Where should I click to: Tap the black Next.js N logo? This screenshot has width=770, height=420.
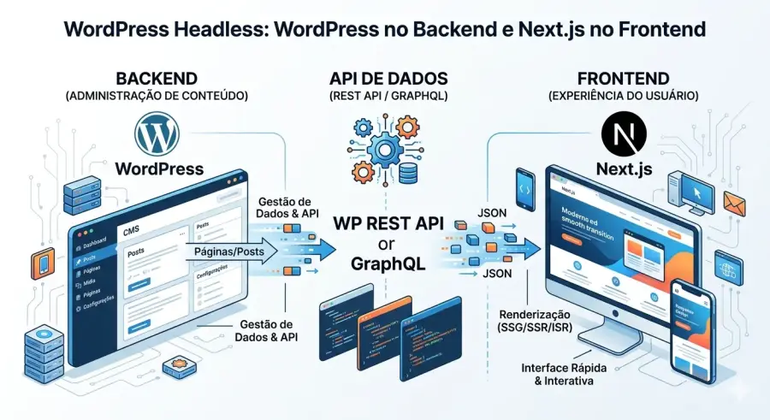[622, 136]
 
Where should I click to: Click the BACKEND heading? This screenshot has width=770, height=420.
[156, 78]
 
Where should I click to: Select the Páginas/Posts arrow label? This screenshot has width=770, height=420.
[229, 252]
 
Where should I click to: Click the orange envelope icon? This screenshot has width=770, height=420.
[735, 203]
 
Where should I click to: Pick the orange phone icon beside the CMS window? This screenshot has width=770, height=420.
[41, 264]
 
